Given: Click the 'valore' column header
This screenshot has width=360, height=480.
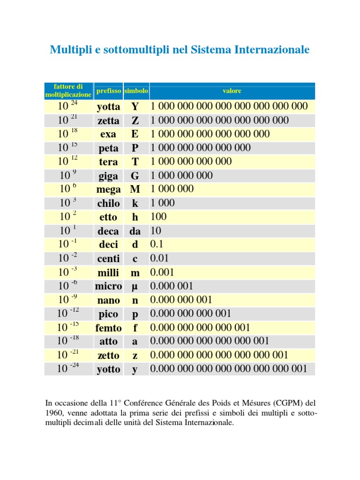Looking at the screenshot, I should coord(232,91).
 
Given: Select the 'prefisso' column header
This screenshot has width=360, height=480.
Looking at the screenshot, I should coord(108,91).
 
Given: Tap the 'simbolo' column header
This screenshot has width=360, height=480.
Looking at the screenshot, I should coord(136,91).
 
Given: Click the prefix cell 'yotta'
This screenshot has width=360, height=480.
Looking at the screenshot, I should coord(108,107).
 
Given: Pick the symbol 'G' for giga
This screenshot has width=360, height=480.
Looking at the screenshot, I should coord(135,176).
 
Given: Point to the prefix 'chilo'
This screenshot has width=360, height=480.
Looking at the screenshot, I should coord(108,203).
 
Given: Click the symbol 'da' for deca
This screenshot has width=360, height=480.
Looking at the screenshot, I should coord(135,231).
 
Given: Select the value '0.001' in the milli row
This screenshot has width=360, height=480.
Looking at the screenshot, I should coord(162,272).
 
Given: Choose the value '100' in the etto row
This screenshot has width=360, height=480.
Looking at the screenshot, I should coord(158,217).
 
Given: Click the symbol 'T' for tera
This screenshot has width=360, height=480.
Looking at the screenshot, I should coord(135,162).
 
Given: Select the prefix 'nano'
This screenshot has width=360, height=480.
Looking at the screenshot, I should coord(108,300).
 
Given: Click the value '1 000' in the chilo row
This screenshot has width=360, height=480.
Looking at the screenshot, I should coord(162,203).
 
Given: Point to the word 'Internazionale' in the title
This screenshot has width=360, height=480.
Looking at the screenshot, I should coord(274,50).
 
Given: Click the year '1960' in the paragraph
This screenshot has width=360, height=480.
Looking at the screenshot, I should coord(54,413).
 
